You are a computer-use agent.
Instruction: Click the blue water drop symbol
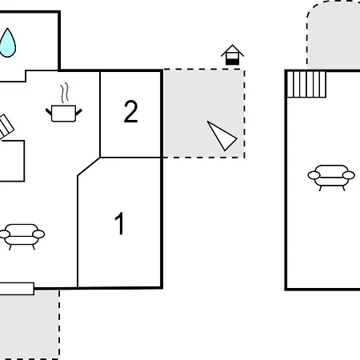[7, 43]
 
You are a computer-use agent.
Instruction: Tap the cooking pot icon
[64, 114]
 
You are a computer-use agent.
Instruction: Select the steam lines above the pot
[65, 93]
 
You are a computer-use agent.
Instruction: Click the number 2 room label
[131, 111]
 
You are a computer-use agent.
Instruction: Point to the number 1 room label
[119, 223]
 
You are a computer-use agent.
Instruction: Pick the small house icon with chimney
[232, 54]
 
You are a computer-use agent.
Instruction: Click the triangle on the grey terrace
[221, 135]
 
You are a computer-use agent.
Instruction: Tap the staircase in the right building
[306, 84]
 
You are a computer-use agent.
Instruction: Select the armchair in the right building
[331, 178]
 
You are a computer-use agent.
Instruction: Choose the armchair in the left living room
[22, 237]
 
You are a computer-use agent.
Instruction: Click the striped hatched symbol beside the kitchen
[6, 126]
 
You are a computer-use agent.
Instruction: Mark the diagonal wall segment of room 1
[89, 166]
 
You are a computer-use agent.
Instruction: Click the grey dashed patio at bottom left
[30, 325]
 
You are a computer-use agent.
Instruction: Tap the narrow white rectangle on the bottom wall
[17, 289]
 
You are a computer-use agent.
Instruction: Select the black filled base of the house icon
[232, 62]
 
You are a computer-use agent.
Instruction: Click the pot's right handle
[79, 112]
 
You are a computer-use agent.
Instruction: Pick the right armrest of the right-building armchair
[349, 175]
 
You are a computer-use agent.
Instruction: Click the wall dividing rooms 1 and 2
[130, 158]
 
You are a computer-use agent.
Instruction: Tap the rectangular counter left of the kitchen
[12, 161]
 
